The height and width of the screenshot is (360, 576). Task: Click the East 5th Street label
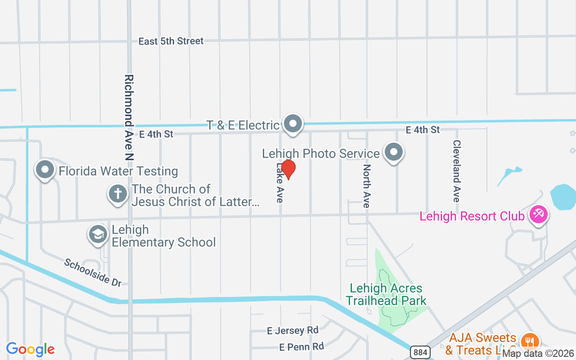[171, 41]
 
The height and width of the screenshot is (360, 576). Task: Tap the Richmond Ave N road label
[129, 117]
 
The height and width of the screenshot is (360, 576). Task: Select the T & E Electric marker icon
[293, 123]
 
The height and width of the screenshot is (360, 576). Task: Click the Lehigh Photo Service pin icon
[394, 152]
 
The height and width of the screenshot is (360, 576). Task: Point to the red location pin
[288, 169]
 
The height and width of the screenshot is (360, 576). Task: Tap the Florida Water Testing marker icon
[45, 170]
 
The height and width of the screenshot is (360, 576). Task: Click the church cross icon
[117, 194]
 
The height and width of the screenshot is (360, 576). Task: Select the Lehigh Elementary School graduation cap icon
[98, 234]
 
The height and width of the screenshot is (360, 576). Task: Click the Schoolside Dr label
[93, 272]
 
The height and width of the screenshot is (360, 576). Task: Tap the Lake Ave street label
[280, 183]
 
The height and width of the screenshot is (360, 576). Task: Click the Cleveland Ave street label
[457, 171]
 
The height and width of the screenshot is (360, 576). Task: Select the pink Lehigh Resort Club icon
[538, 214]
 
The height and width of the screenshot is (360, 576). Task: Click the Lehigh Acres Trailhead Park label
[387, 294]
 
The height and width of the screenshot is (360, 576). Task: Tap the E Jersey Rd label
[292, 331]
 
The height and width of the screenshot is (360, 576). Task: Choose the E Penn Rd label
[301, 347]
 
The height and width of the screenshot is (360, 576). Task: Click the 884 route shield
[420, 352]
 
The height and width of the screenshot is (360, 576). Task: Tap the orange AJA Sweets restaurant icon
[531, 341]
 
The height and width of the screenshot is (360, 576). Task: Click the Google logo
[30, 349]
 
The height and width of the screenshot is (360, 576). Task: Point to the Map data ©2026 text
[538, 354]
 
